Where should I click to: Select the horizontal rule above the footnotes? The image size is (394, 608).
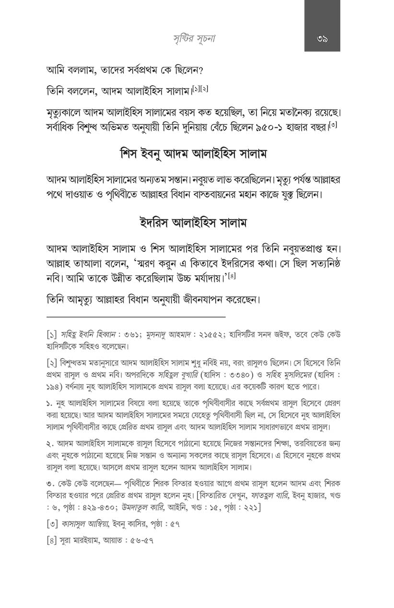(136, 317)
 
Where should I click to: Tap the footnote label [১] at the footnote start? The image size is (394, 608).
(53, 333)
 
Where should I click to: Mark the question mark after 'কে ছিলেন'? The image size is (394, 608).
(201, 70)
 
